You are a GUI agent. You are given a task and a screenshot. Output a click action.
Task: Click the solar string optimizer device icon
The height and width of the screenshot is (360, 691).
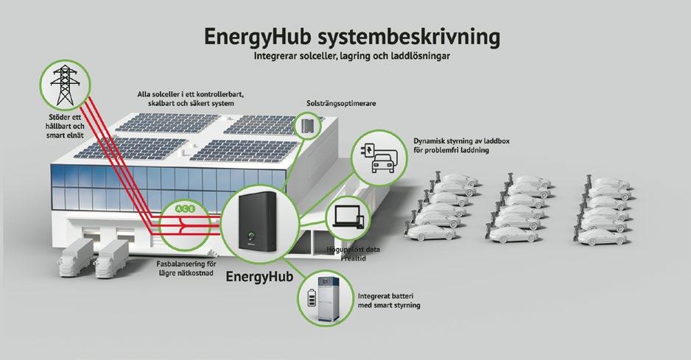point(306,126)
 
